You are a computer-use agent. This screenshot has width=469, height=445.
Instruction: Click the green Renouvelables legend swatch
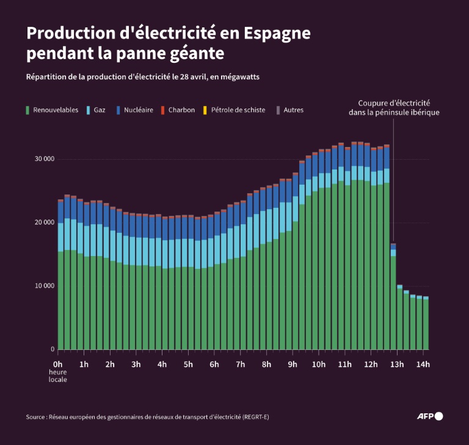tap(28, 110)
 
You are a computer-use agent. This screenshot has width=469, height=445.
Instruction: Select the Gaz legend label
tap(100, 110)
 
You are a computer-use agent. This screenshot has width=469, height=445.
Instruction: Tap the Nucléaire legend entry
tap(138, 110)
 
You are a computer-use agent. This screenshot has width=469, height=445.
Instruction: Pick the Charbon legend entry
tap(181, 110)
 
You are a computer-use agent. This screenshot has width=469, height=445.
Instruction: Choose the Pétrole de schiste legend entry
tap(238, 110)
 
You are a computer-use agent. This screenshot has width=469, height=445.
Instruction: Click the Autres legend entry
tap(293, 110)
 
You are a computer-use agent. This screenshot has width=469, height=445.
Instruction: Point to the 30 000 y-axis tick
tap(45, 159)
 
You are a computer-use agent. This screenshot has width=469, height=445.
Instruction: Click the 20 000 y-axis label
tap(45, 222)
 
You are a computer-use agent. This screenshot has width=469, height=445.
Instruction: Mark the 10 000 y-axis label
tap(45, 286)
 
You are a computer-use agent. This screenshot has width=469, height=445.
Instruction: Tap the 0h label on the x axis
tap(58, 365)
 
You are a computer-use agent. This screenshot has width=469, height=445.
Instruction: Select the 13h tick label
tap(397, 365)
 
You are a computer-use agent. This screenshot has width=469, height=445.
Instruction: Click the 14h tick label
tap(423, 365)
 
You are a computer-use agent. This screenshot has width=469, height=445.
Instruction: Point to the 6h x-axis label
tap(214, 365)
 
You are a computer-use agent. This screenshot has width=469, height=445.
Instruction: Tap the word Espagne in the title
tap(277, 33)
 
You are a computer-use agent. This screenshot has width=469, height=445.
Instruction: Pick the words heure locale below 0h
tap(58, 376)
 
